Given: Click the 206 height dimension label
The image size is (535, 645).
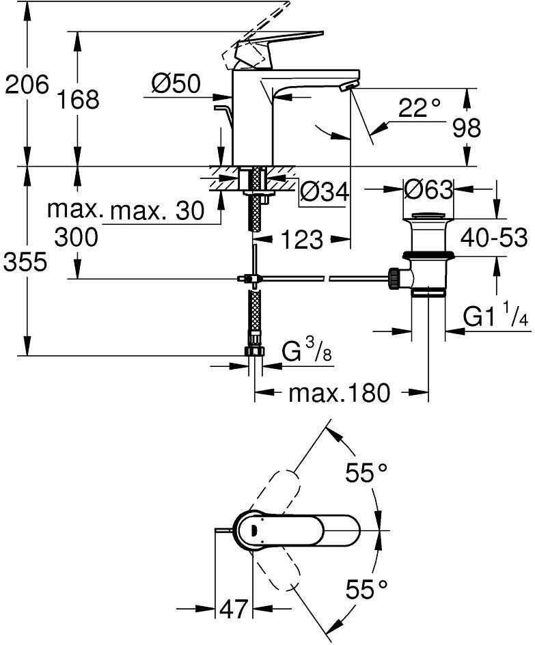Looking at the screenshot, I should (x=27, y=85).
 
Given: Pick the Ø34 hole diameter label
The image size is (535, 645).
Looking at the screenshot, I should (x=325, y=193).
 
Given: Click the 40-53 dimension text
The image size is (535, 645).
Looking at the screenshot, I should (x=494, y=238).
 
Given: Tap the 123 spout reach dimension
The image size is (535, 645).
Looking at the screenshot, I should (x=301, y=239).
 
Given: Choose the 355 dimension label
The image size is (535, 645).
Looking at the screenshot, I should (x=27, y=261).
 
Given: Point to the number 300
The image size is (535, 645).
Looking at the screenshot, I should (x=76, y=237).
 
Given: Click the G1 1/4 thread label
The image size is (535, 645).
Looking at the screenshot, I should (x=496, y=317).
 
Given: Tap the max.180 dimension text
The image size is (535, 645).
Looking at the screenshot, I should (x=339, y=393).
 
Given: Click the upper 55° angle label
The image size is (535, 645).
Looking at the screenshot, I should (x=366, y=473).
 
